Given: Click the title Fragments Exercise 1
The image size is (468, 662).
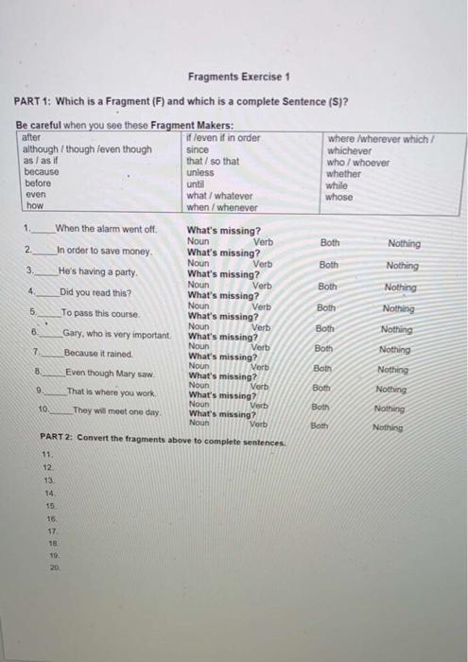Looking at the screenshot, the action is coord(238,77).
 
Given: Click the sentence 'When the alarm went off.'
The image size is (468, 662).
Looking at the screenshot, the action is coord(105,228).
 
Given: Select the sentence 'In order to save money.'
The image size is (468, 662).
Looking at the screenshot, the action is coord(104,251).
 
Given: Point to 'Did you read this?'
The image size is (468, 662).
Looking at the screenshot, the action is coord(95,292).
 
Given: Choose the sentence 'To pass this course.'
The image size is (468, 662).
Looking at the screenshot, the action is coord(101,313).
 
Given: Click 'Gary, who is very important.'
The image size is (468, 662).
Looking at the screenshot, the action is coord(117,334).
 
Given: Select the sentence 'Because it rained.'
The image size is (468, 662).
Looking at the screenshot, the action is coord(99,353).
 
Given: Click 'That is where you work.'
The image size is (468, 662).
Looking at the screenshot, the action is coord(111,392).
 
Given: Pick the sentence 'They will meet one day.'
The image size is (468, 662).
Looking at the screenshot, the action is coord(117,412).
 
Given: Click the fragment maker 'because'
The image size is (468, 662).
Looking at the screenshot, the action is coord(42,172).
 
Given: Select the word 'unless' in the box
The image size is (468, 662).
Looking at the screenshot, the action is coord(200,172).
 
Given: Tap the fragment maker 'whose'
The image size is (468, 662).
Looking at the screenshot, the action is coord(338,197).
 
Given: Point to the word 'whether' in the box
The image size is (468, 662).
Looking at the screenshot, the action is coord(343,173).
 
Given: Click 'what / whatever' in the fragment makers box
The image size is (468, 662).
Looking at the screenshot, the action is coord(219,196).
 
